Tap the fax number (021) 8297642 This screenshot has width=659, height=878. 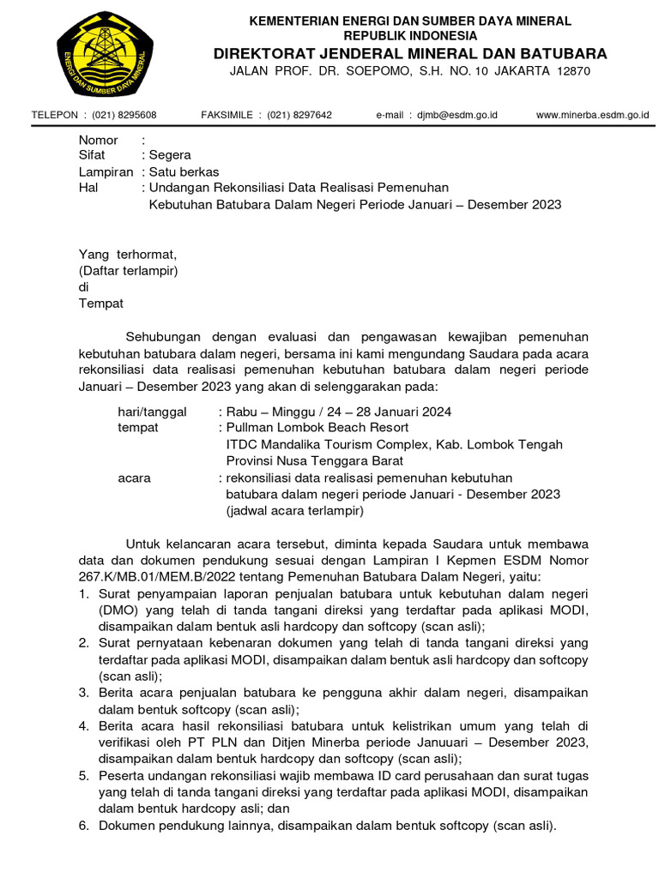299,115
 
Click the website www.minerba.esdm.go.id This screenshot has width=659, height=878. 592,115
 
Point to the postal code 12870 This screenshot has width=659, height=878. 572,71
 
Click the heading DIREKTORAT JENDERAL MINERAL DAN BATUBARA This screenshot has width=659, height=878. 410,53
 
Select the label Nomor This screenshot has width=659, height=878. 99,140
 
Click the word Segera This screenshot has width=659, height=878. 170,156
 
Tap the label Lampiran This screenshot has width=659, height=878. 106,172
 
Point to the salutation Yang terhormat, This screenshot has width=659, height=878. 127,255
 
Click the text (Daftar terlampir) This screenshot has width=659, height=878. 128,271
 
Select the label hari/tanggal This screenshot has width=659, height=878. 152,412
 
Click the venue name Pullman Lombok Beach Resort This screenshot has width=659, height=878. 317,428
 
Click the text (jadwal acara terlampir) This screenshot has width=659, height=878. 295,510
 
